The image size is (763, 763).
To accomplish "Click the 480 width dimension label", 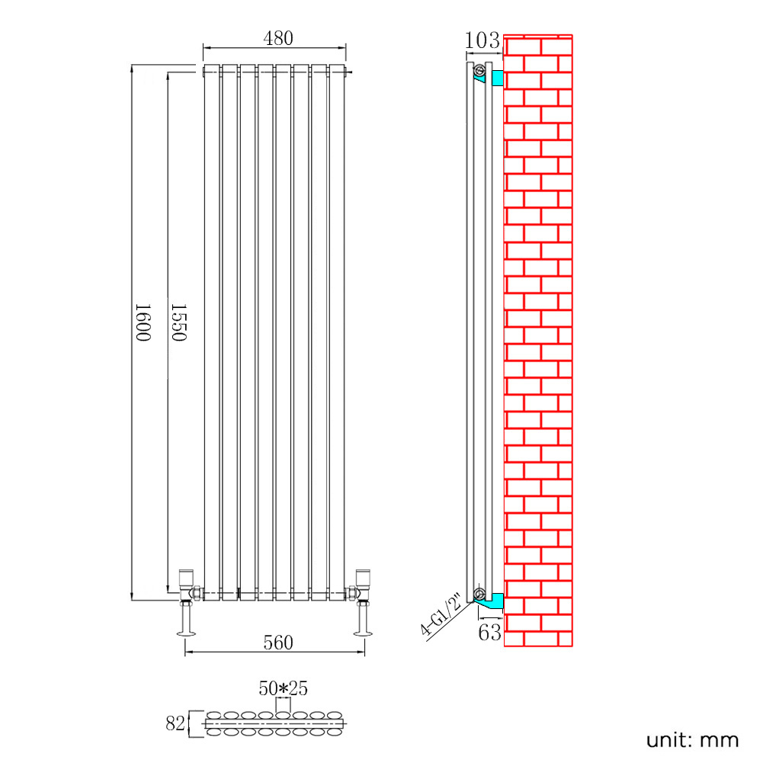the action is tap(278, 38).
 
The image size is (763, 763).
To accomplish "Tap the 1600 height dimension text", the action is tap(143, 322).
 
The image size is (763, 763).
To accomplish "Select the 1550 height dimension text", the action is tap(178, 322).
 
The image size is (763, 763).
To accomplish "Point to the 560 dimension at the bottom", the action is tap(278, 643).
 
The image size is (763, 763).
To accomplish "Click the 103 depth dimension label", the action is tap(482, 40).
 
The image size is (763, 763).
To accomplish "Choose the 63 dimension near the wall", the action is tap(489, 633).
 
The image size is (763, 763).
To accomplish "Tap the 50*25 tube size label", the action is tap(284, 688).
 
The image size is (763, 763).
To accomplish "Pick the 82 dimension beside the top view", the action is tap(175, 723).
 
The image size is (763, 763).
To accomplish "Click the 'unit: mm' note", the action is tap(692, 740).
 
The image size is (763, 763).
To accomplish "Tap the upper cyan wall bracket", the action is tap(497, 78).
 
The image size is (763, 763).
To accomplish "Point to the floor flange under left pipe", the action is tap(187, 633).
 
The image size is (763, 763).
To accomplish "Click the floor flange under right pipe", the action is tap(363, 633).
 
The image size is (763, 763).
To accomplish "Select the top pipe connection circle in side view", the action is tap(479, 70).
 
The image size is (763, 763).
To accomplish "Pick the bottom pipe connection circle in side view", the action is tap(479, 594).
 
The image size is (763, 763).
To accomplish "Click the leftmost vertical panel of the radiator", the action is tap(212, 332).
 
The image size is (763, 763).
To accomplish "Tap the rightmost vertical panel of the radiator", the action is tap(337, 332).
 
